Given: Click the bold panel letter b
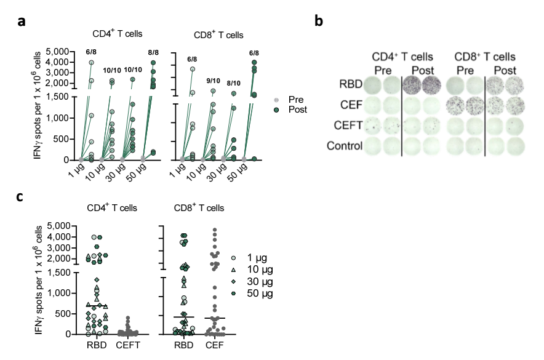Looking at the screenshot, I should click(x=319, y=22).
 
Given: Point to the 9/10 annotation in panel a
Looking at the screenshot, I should click(x=212, y=79).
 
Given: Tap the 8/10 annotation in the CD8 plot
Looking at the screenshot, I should click(x=234, y=79).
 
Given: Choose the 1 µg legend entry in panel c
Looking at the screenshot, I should click(x=252, y=258).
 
